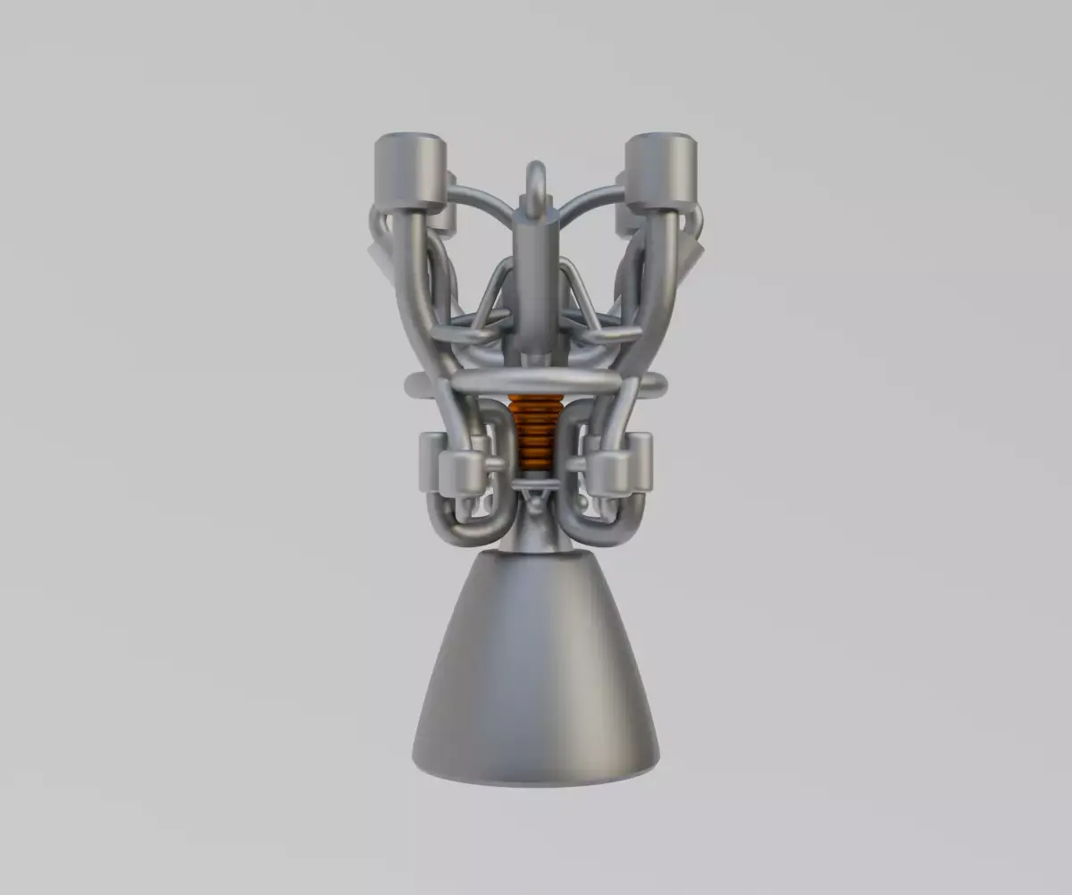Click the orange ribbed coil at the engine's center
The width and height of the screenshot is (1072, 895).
click(536, 434)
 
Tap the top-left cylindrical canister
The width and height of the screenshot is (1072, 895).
click(410, 170)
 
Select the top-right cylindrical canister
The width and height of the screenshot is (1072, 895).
click(661, 170)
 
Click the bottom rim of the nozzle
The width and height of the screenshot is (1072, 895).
click(536, 776)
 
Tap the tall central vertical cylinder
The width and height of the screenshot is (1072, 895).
click(536, 286)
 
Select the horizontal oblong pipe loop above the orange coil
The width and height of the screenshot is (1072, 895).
click(536, 383)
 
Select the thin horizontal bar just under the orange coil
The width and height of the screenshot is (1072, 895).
click(536, 484)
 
